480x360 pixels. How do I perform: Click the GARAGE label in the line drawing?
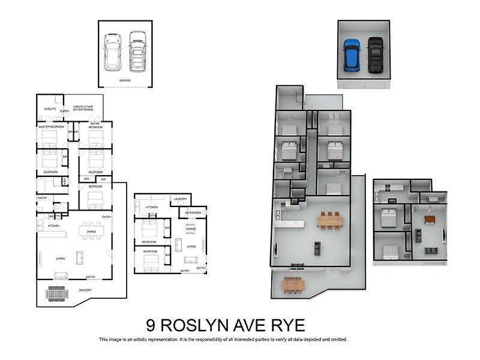pos(125,80)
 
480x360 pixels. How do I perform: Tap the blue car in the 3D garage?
pos(351,55)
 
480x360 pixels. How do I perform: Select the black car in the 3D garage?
pos(376,55)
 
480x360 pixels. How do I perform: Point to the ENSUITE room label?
pos(50,109)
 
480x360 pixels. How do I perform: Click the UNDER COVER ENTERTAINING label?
pos(83,109)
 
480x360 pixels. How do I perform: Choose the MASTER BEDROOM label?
pos(51,127)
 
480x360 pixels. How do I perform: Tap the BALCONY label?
pos(86,290)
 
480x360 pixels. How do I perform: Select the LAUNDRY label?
pos(179,199)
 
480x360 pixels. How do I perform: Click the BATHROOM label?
pos(193,212)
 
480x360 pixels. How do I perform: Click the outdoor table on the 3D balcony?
pos(292,285)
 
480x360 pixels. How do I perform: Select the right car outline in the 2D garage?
pos(137,51)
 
